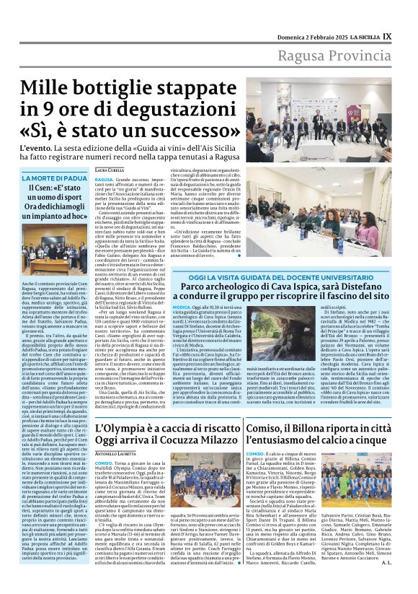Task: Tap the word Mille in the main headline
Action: point(50,88)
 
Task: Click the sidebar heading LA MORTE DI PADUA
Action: point(55,178)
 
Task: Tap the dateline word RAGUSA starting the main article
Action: point(104,178)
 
